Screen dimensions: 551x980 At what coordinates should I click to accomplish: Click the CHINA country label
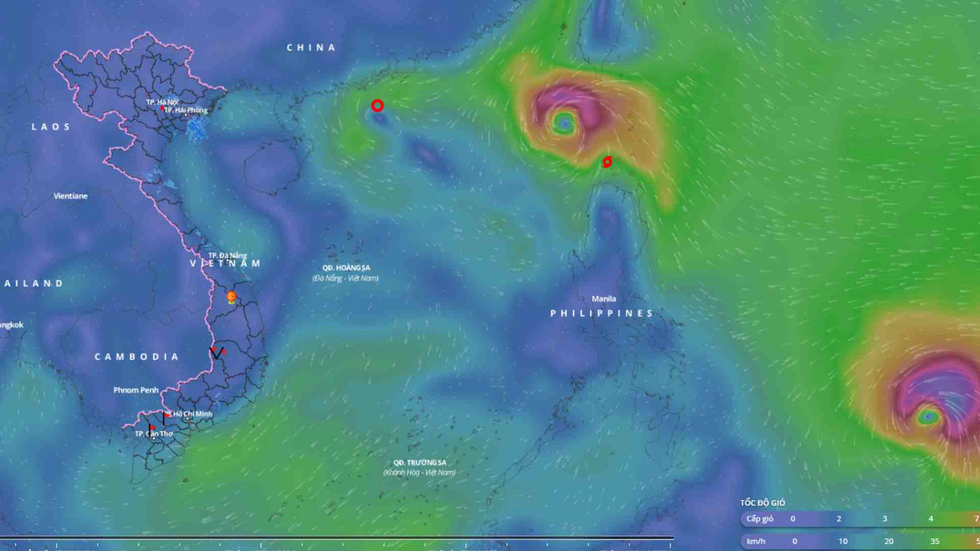311,48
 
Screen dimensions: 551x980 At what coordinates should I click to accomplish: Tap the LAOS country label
51,127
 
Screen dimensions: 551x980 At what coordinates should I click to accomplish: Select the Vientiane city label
70,196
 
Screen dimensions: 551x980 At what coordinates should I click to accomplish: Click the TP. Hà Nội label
162,102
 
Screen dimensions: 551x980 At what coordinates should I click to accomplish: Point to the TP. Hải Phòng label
186,110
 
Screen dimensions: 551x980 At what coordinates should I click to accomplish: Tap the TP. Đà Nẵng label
227,255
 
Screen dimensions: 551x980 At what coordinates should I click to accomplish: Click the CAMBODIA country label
137,357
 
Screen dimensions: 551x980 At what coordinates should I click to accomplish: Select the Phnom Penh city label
136,390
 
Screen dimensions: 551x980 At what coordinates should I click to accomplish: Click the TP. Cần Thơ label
154,434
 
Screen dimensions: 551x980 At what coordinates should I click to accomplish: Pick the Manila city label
604,299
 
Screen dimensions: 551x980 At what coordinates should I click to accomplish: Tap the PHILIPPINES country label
602,313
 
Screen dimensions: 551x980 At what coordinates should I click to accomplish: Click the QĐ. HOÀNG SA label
346,268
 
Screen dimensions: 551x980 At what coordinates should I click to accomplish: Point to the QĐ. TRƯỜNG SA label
420,463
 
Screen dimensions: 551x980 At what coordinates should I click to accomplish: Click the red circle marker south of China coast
377,106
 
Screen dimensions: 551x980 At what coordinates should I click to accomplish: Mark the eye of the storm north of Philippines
564,123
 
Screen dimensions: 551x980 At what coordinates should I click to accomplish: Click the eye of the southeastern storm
928,417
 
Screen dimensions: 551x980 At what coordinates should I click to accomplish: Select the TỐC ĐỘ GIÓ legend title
763,503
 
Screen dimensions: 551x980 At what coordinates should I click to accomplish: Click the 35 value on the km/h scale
935,541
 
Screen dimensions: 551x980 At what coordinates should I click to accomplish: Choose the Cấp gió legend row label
759,519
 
